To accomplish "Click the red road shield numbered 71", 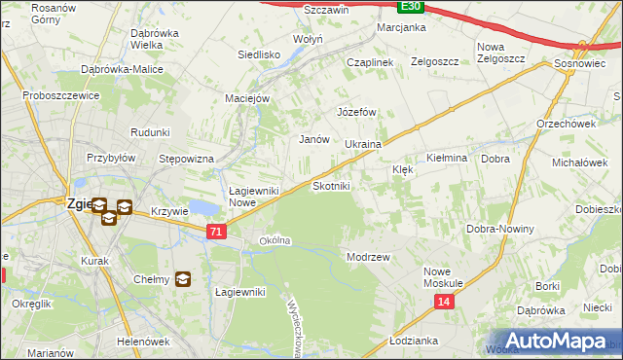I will pyautogui.click(x=217, y=232).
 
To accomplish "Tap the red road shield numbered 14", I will pyautogui.click(x=444, y=303).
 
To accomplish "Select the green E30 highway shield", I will pyautogui.click(x=412, y=6).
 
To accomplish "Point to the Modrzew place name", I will pyautogui.click(x=368, y=257).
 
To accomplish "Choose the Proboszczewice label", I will pyautogui.click(x=61, y=97).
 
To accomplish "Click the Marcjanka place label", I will pyautogui.click(x=402, y=27).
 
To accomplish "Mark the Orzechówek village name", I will pyautogui.click(x=566, y=124).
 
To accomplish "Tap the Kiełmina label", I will pyautogui.click(x=448, y=158).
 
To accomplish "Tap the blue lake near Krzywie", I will pyautogui.click(x=204, y=207).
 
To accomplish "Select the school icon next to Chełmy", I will pyautogui.click(x=182, y=280).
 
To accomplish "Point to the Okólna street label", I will pyautogui.click(x=275, y=240).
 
